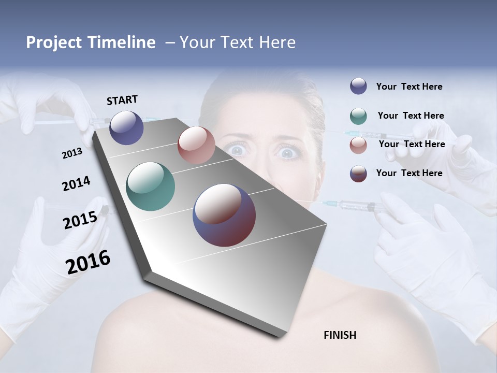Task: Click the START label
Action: coord(122,99)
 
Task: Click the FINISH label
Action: coord(340,335)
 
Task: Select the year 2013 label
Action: coord(72,153)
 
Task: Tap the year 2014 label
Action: coord(76,184)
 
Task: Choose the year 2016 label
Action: coord(88,262)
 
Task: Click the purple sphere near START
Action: coord(127,127)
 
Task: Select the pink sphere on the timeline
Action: coord(196,145)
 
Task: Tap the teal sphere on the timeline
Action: coord(151,187)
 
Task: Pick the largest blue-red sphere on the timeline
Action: coord(224,215)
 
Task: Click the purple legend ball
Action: coord(358,87)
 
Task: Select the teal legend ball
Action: coord(358,116)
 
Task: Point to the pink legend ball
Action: coord(358,145)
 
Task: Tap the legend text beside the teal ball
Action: coord(411,116)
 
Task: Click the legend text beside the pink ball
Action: coord(412,144)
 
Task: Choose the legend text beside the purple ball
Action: coord(409,87)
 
